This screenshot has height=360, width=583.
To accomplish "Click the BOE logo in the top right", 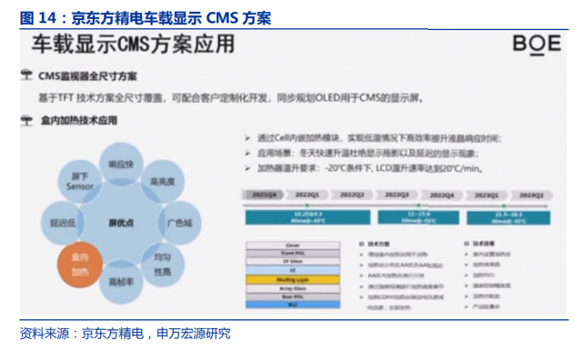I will pos(535,43).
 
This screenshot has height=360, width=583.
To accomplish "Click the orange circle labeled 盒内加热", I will pos(80,263).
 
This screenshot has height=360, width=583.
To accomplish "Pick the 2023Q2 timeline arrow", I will pos(530,195).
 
